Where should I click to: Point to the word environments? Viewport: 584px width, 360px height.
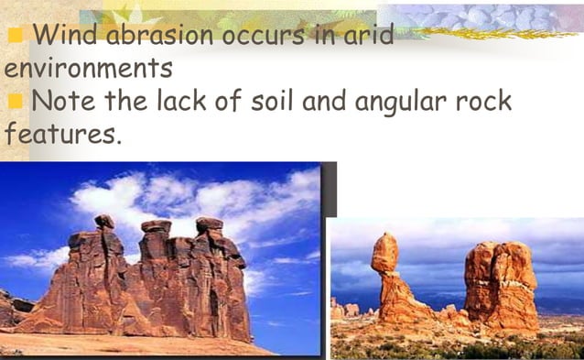point(89,68)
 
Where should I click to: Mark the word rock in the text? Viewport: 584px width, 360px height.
point(484,101)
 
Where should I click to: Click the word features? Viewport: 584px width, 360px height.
point(60,134)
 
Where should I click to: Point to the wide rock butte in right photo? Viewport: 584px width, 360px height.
point(500,284)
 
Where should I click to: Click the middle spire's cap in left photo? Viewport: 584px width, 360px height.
point(156,225)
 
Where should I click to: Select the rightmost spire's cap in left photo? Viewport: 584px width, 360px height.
point(210,224)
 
